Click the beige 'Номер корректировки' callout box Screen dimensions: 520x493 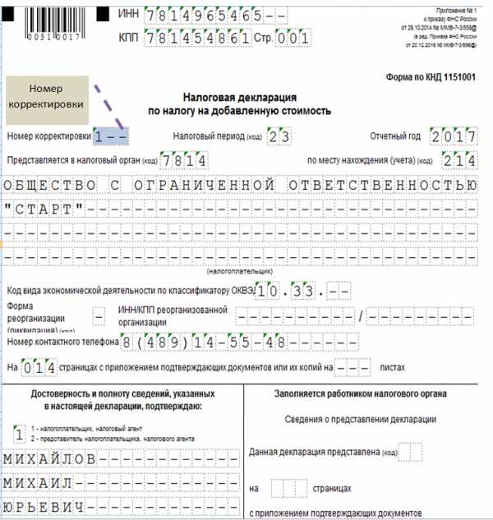pos(46,96)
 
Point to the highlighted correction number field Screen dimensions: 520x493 pos(110,136)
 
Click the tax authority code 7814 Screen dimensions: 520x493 pos(184,159)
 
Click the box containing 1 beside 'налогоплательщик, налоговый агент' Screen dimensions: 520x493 pos(18,431)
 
